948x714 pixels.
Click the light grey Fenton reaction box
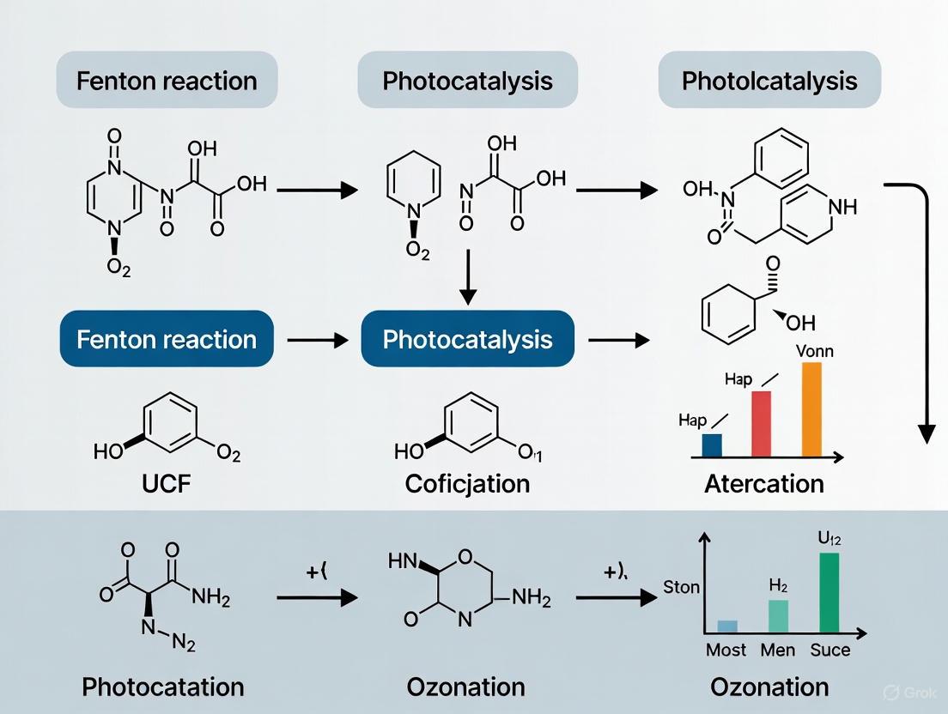point(167,81)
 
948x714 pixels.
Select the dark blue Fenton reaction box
point(167,339)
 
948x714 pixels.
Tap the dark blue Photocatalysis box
point(468,339)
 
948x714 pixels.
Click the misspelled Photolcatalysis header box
point(769,81)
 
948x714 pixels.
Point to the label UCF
point(166,483)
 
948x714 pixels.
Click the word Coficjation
point(467,483)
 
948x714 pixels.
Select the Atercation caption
point(764,483)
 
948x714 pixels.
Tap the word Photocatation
point(163,687)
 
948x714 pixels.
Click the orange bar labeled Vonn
point(811,408)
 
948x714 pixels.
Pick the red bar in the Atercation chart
point(762,423)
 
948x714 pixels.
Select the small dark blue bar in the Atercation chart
point(712,445)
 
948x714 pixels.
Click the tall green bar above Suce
point(829,592)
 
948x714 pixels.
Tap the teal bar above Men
point(778,616)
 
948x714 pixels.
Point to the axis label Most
point(726,650)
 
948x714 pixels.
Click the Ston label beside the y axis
point(681,588)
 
